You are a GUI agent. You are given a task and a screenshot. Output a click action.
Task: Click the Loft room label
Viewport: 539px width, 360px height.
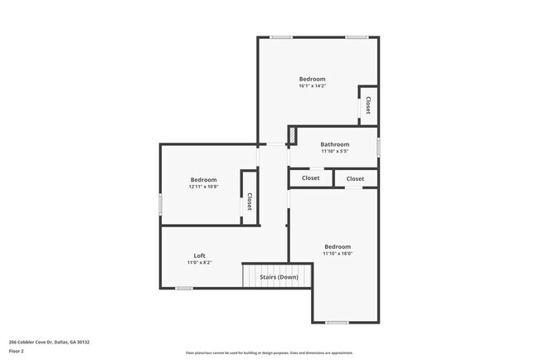pos(200,255)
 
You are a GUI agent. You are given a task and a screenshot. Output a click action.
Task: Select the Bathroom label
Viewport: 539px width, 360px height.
pos(335,144)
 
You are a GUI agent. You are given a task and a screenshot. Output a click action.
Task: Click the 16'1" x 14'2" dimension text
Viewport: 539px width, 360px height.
pos(313,85)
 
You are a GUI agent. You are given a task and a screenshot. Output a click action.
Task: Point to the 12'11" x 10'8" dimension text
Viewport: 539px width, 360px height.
pos(203,187)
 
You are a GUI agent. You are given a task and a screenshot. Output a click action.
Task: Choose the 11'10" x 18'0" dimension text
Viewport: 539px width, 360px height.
pos(337,254)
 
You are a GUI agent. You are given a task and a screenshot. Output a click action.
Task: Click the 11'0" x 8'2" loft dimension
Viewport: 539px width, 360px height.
pos(199,263)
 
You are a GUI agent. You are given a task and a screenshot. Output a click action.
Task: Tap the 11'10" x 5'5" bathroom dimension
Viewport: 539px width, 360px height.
pos(335,151)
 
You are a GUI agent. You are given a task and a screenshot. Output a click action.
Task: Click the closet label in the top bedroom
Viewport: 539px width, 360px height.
pos(368,105)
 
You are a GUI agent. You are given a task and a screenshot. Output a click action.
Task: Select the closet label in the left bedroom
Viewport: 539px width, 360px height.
pos(249,202)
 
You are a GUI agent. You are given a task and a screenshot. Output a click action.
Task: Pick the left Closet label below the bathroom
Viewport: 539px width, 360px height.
pos(310,178)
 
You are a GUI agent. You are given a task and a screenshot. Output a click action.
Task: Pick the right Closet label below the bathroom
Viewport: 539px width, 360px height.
pos(355,178)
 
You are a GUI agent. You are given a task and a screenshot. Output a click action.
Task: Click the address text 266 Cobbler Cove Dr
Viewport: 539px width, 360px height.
pos(49,342)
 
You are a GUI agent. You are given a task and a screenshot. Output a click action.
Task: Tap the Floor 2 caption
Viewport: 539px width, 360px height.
pos(17,351)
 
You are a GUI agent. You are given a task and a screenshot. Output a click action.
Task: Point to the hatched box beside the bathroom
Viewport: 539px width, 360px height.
pos(292,135)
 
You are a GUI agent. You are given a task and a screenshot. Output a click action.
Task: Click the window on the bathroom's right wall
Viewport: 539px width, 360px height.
pos(379,147)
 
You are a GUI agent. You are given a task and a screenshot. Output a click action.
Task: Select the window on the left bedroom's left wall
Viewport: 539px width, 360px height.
pos(160,204)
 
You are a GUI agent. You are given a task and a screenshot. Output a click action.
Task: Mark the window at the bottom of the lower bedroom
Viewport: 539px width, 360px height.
pos(337,322)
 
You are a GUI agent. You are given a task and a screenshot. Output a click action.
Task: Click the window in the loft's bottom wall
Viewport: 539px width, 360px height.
pos(184,288)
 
